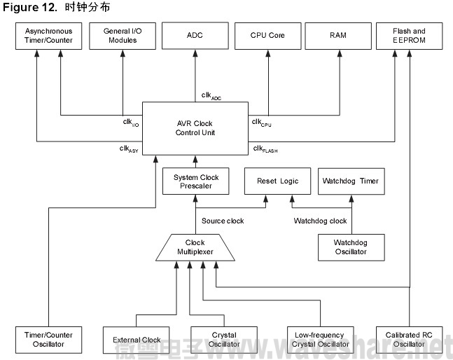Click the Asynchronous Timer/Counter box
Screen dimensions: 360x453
(x=49, y=36)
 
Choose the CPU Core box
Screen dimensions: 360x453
(x=267, y=36)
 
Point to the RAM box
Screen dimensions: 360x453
(x=339, y=36)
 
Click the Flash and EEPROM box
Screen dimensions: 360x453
(x=410, y=36)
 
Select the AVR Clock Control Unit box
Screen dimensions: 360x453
(x=195, y=128)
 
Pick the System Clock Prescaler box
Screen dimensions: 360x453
(x=195, y=181)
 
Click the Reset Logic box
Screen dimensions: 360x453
(x=277, y=181)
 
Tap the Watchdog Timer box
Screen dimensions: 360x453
(x=350, y=181)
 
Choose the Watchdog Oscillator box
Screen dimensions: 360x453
(x=350, y=247)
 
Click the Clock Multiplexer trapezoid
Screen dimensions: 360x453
(x=195, y=247)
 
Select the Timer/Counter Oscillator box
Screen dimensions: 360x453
(x=48, y=339)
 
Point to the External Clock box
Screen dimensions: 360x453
(x=137, y=340)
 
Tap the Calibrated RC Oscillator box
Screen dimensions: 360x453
(x=408, y=339)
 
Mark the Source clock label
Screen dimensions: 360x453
(x=223, y=221)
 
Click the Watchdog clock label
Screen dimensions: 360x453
(x=319, y=221)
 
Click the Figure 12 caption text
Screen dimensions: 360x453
(x=56, y=7)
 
